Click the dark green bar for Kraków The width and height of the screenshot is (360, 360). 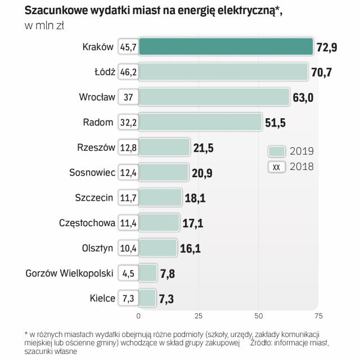click(225, 47)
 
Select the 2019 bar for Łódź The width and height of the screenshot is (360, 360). click(223, 72)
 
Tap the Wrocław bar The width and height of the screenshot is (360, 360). click(214, 97)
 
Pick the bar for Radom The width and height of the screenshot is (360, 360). click(200, 121)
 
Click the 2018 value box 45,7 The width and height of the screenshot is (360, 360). click(128, 47)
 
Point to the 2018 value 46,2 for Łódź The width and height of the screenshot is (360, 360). click(128, 72)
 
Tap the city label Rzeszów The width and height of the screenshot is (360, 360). click(96, 148)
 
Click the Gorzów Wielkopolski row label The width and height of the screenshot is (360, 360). click(70, 273)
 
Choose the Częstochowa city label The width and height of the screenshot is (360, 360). click(87, 223)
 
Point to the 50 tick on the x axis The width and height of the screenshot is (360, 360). click(259, 315)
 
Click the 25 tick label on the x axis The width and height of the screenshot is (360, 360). click(199, 315)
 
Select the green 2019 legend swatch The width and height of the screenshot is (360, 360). click(276, 151)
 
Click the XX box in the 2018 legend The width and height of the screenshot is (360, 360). click(276, 166)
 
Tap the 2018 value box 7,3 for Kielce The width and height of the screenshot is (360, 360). click(128, 298)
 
